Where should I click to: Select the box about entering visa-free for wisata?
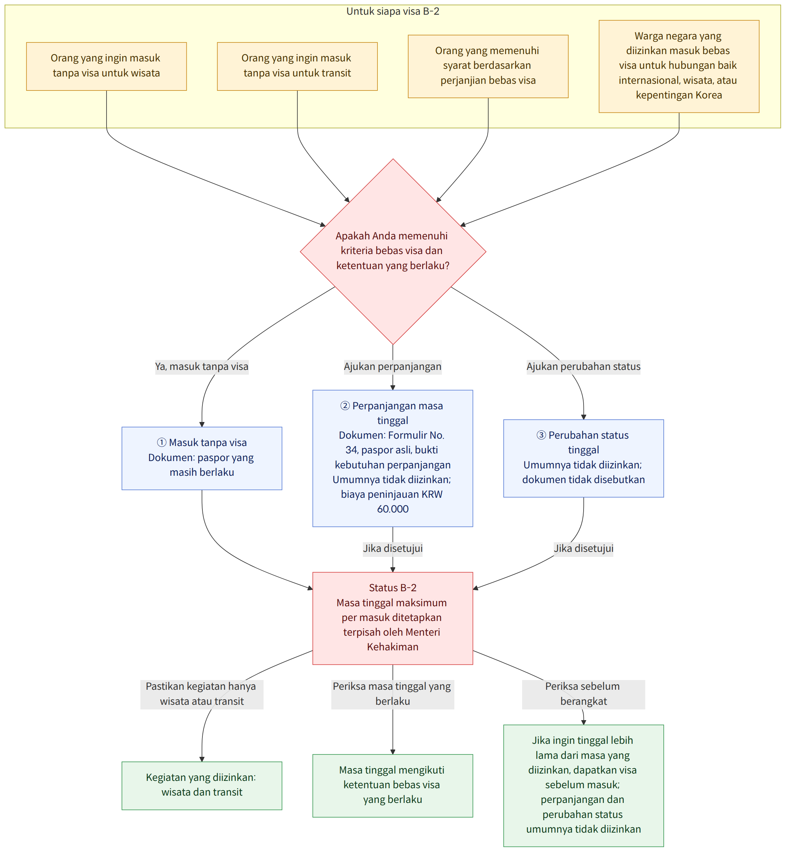(x=107, y=66)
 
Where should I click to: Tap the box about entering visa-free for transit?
(x=298, y=66)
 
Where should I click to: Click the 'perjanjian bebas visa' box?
(x=488, y=66)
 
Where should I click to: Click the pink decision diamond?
(x=393, y=251)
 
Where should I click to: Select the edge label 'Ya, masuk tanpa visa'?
(x=202, y=367)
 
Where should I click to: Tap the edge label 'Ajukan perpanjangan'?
(x=392, y=367)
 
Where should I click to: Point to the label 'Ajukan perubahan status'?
(x=584, y=367)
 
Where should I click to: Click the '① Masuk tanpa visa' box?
(x=202, y=458)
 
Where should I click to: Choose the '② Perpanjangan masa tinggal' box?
(x=393, y=458)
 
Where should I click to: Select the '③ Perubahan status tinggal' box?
(x=584, y=458)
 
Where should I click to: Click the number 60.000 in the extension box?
(x=393, y=509)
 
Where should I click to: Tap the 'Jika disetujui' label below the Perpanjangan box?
(x=392, y=548)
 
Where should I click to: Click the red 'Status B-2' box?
(x=393, y=618)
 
